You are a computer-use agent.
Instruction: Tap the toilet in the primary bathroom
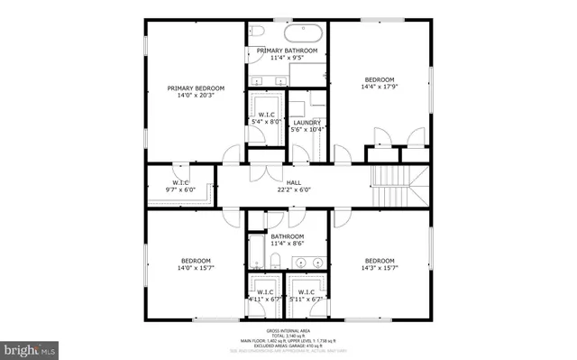(x=255, y=32)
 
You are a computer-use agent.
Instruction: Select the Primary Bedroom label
(x=196, y=88)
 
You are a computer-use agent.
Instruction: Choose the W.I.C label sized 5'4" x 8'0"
(x=266, y=120)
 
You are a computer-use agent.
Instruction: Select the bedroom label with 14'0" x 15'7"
(x=196, y=261)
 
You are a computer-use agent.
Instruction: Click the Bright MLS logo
(x=30, y=346)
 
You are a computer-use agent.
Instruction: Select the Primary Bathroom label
(x=287, y=51)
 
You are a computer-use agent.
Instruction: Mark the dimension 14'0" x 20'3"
(x=196, y=96)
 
